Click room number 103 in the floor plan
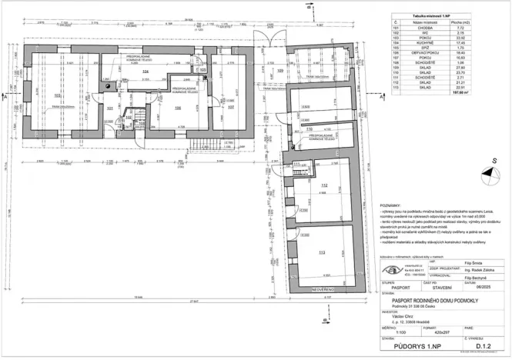pyautogui.click(x=58, y=95)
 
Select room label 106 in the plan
pyautogui.click(x=179, y=108)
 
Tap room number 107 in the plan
pyautogui.click(x=230, y=108)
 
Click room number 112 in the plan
pyautogui.click(x=325, y=186)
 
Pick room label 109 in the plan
pyautogui.click(x=280, y=71)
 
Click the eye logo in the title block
pyautogui.click(x=393, y=269)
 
